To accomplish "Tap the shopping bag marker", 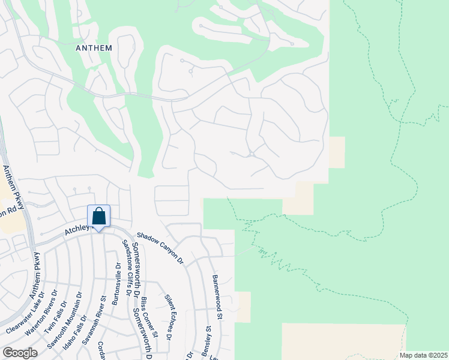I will tap(98, 217).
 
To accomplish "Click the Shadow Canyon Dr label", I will tap(160, 248).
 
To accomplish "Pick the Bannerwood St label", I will tap(217, 297).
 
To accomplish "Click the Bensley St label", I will tap(208, 338).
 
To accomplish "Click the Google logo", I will tap(20, 353).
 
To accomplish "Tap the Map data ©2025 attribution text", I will tap(424, 355).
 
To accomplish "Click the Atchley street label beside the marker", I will tap(76, 229).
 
